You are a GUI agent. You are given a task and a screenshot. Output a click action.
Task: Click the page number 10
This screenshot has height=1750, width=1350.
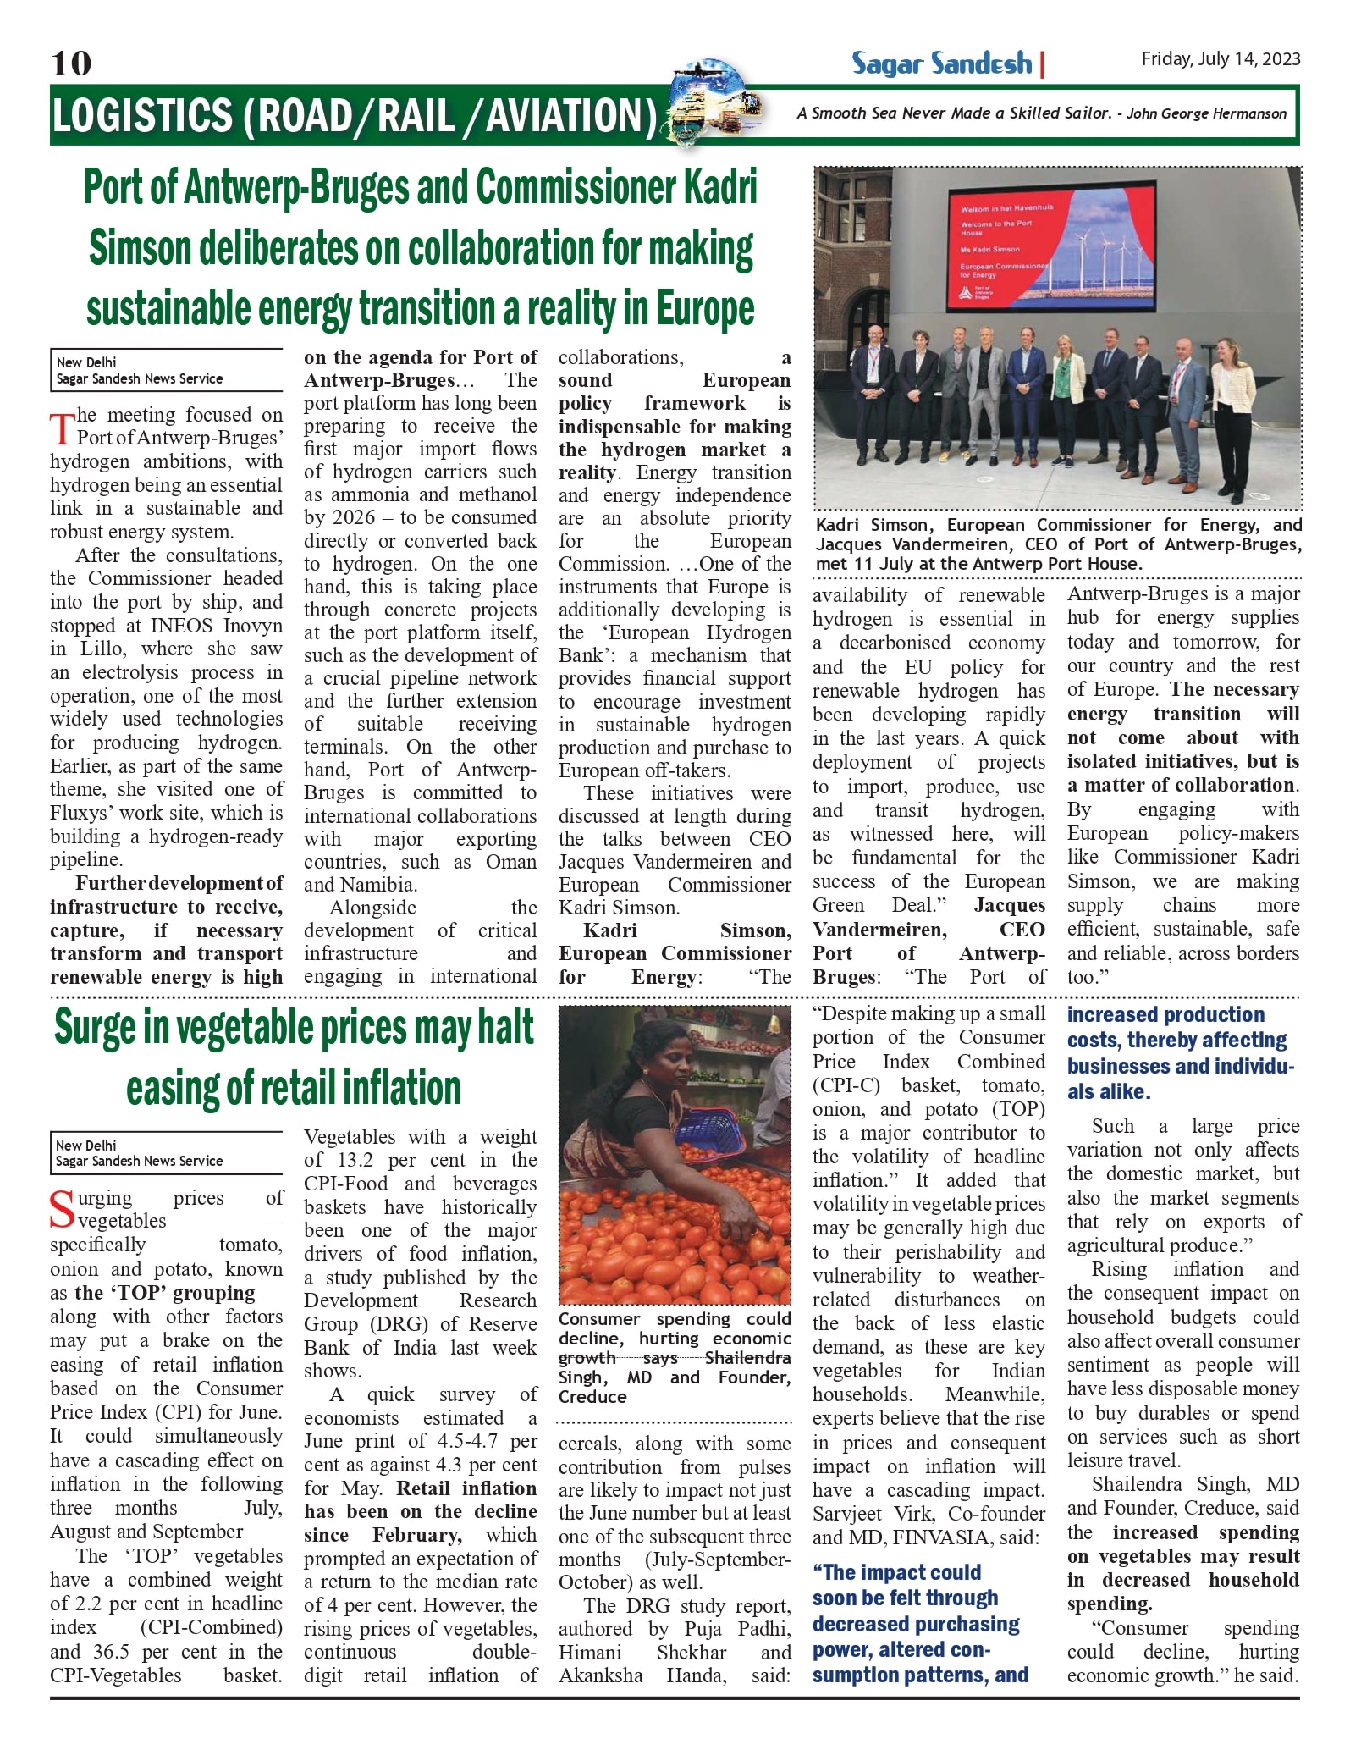(71, 63)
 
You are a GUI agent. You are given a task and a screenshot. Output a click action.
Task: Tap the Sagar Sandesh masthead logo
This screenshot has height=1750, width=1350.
(941, 63)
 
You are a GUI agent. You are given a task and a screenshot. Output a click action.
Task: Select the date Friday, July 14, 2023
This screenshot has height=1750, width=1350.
(1220, 59)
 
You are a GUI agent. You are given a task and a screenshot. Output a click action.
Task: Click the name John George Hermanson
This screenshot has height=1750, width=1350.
(1206, 113)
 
